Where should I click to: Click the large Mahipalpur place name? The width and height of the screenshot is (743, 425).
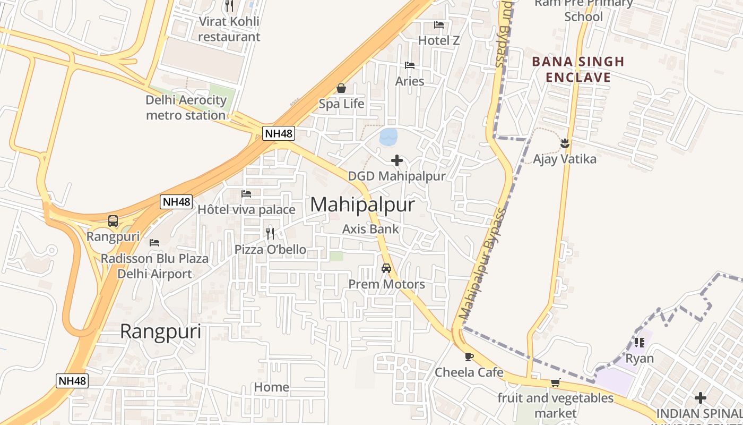pyautogui.click(x=362, y=205)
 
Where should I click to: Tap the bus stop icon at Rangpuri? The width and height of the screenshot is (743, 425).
pyautogui.click(x=113, y=221)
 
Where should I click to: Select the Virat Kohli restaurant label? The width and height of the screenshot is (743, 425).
pyautogui.click(x=229, y=29)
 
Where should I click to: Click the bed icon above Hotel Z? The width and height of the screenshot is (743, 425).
pyautogui.click(x=438, y=24)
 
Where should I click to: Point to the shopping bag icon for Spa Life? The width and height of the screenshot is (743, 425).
pyautogui.click(x=341, y=88)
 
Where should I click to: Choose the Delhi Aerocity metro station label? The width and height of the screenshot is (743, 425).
pyautogui.click(x=186, y=107)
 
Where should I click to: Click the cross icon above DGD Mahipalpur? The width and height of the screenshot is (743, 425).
pyautogui.click(x=396, y=160)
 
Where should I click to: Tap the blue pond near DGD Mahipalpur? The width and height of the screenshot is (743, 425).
pyautogui.click(x=388, y=137)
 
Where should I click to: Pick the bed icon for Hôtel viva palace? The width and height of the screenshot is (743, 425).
pyautogui.click(x=246, y=194)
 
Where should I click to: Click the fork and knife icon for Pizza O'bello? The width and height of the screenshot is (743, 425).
pyautogui.click(x=270, y=233)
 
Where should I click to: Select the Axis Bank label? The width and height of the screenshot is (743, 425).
pyautogui.click(x=370, y=229)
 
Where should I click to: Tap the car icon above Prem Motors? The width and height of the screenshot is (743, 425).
pyautogui.click(x=386, y=268)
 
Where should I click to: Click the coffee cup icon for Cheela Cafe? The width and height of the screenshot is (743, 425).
pyautogui.click(x=469, y=356)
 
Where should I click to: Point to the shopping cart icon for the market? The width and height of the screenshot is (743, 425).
pyautogui.click(x=556, y=382)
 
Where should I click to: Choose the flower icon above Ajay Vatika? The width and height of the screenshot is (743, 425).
pyautogui.click(x=565, y=143)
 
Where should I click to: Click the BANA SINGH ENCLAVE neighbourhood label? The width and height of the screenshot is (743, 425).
pyautogui.click(x=578, y=69)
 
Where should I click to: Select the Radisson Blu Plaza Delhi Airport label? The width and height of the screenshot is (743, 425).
pyautogui.click(x=154, y=266)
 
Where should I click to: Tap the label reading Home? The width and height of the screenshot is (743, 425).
pyautogui.click(x=271, y=387)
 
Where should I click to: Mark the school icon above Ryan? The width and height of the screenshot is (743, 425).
pyautogui.click(x=640, y=343)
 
